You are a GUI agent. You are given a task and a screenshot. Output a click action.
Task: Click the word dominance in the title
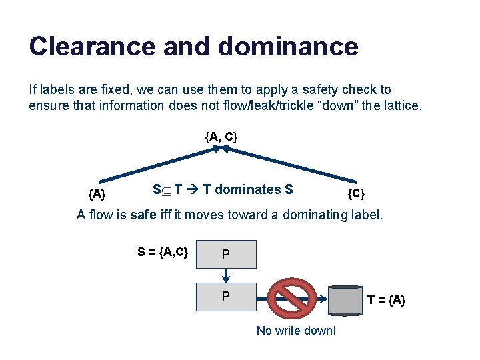click(x=287, y=46)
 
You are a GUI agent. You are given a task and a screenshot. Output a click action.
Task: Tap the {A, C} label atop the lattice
click(x=221, y=137)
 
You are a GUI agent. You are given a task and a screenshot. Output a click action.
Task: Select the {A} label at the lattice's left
click(x=97, y=194)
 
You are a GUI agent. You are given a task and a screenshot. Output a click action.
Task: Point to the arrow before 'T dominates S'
click(x=192, y=190)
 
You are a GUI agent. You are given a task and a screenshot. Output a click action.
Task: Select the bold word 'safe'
click(x=143, y=215)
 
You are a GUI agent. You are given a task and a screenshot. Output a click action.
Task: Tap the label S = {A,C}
click(x=163, y=251)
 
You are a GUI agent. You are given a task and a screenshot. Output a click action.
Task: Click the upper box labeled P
click(x=226, y=254)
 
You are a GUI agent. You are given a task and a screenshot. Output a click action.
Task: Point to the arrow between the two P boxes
click(x=226, y=275)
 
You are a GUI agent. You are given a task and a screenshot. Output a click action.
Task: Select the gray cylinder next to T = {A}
click(x=347, y=299)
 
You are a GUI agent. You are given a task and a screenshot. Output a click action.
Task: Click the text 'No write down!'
click(x=296, y=331)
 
